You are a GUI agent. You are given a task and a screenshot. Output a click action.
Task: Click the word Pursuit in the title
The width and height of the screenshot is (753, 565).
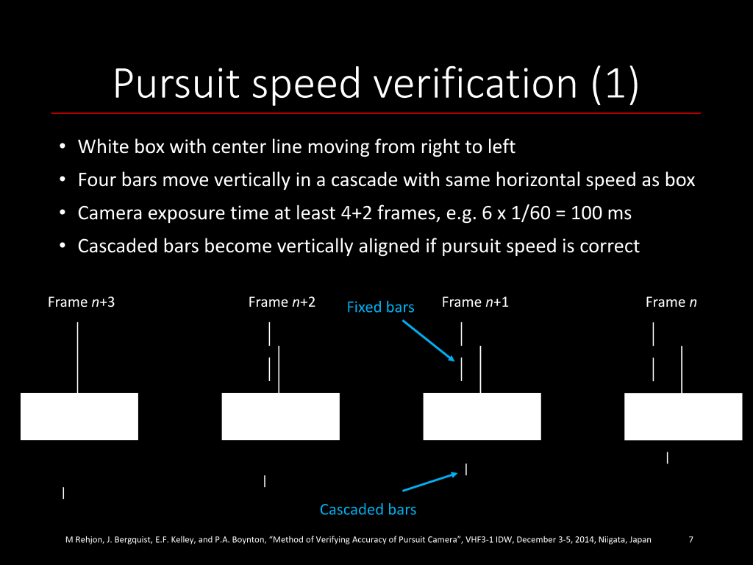(x=176, y=84)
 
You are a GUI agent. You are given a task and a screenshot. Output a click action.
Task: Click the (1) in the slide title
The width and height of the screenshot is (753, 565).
(x=615, y=85)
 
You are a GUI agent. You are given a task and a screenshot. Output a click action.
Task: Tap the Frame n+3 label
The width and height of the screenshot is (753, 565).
(x=81, y=302)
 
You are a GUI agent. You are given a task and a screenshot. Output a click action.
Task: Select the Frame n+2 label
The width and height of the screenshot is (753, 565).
(x=282, y=302)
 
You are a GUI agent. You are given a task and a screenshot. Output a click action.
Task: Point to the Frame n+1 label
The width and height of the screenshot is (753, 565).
(x=475, y=302)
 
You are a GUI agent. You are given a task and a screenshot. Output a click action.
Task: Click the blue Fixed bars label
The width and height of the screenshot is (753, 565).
(x=380, y=307)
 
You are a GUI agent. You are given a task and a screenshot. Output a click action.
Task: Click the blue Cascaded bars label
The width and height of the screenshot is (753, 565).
(x=368, y=509)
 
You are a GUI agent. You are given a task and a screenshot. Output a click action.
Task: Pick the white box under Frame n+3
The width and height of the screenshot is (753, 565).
(x=79, y=416)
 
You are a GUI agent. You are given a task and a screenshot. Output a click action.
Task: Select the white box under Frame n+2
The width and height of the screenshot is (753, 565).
(x=280, y=416)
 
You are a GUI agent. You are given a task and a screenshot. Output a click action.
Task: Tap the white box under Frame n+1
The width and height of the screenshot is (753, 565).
(x=482, y=416)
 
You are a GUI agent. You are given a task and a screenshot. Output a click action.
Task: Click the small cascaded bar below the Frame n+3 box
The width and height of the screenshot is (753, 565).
(x=63, y=493)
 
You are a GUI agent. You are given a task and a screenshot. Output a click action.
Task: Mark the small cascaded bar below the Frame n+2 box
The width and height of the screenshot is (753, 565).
(x=265, y=481)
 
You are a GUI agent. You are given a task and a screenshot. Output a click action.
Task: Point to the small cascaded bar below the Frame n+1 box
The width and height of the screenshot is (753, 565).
(x=466, y=469)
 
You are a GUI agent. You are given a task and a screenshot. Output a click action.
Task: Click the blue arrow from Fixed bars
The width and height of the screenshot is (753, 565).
(x=429, y=341)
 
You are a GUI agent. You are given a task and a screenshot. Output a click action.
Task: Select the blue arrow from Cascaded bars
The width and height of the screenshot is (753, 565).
(x=429, y=482)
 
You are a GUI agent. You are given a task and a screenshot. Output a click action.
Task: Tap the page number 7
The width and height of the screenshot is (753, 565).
(x=690, y=539)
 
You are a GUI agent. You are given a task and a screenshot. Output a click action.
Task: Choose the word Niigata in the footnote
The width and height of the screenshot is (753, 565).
(x=612, y=539)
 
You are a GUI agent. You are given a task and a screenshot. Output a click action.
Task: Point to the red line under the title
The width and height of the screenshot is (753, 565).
(x=376, y=113)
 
